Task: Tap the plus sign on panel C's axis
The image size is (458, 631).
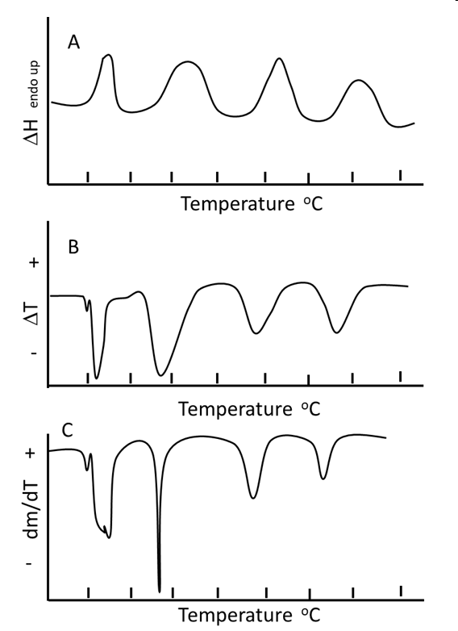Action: [x=31, y=453]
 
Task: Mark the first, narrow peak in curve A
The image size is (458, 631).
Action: [x=108, y=56]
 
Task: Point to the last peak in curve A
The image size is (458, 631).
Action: [x=359, y=81]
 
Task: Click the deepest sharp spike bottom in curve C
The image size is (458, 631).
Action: [x=160, y=590]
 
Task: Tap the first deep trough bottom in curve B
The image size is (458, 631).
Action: [x=98, y=377]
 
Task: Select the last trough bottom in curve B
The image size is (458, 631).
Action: [x=337, y=332]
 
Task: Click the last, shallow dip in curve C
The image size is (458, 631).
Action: [x=323, y=478]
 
